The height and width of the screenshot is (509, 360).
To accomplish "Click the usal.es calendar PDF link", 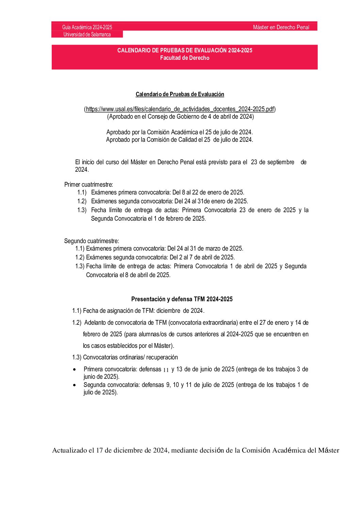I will pos(180,109).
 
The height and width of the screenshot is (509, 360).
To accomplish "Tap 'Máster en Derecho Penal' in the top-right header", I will pos(281,27).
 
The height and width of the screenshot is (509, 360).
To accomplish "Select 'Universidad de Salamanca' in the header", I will pos(87,34).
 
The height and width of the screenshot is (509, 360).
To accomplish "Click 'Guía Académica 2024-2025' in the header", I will pos(87,27).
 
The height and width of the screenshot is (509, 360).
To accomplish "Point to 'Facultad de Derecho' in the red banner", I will pos(185,58).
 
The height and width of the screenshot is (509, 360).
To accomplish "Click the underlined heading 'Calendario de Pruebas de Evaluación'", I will pos(180,94).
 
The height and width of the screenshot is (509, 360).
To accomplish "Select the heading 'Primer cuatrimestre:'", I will pos(88,185).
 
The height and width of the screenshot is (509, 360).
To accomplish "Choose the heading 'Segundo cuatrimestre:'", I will pos(92,241).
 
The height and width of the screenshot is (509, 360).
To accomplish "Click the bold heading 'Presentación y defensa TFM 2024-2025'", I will pos(182,299).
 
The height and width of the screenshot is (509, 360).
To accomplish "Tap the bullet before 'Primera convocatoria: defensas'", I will pos(75,369).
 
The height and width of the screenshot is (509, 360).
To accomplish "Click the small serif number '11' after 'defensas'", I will pos(166,370).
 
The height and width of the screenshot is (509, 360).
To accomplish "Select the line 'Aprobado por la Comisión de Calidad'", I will pos(180,140).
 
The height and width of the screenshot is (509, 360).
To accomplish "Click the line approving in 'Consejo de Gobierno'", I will pos(180,117).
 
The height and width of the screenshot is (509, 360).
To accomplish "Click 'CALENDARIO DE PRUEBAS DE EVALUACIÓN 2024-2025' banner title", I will pos(185,50).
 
